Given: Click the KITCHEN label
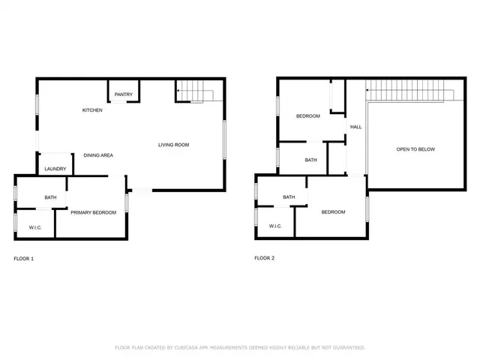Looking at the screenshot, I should tap(92, 110).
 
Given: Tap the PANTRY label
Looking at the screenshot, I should tap(124, 94).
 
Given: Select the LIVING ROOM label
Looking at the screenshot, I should tap(173, 145).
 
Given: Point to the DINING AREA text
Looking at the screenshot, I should tap(98, 155).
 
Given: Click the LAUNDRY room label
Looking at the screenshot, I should tap(55, 169).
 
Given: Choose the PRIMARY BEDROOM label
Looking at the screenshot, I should tap(94, 212).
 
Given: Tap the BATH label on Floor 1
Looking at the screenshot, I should tap(50, 197).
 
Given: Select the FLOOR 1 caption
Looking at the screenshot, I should tap(24, 259).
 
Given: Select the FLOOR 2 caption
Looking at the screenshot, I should tap(265, 259).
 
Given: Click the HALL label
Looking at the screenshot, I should tap(355, 127).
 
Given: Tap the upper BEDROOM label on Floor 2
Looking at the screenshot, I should tap(307, 115).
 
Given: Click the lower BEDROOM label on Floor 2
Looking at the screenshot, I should tap(333, 212).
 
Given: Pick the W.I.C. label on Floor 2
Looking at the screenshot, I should tap(275, 225).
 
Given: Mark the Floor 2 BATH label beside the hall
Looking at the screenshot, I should tap(310, 160).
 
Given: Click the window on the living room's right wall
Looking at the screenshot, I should tap(225, 139).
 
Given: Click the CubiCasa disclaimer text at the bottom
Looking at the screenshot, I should tap(240, 347).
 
